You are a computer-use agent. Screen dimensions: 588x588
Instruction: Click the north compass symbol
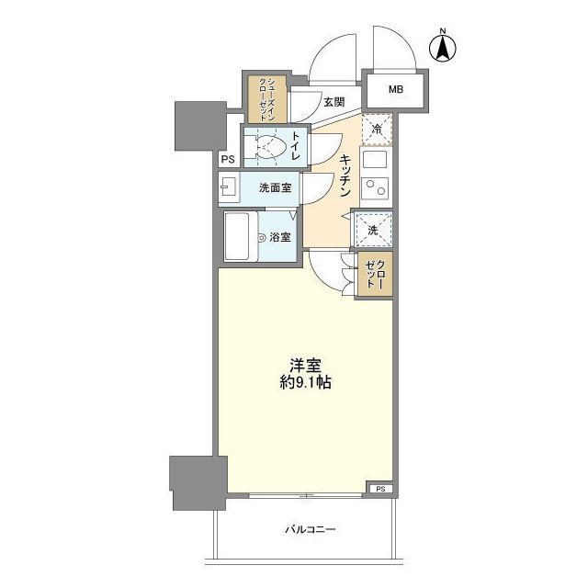(443, 47)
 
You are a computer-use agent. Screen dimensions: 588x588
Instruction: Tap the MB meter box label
(396, 90)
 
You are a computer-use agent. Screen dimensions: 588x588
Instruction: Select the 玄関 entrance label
(334, 102)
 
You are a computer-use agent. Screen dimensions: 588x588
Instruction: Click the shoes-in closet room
(267, 99)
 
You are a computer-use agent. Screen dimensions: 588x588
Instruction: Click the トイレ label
(295, 145)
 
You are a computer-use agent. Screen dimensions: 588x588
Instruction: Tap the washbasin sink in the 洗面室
(228, 187)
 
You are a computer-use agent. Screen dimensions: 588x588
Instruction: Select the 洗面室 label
(276, 187)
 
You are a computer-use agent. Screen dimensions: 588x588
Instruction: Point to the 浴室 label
(280, 237)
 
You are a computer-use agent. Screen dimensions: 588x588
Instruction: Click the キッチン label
(345, 175)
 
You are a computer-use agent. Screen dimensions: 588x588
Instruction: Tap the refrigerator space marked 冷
(377, 130)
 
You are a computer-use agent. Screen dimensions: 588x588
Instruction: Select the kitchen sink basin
(375, 160)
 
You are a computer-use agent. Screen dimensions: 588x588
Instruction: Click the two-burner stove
(376, 187)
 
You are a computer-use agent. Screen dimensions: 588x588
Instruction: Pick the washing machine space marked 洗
(373, 230)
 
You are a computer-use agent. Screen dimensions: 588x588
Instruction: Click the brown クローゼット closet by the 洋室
(375, 275)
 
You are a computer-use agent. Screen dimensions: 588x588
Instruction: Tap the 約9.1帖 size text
(306, 382)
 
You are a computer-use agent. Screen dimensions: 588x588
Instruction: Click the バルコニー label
(310, 530)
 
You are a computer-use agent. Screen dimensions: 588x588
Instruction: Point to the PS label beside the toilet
(228, 159)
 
